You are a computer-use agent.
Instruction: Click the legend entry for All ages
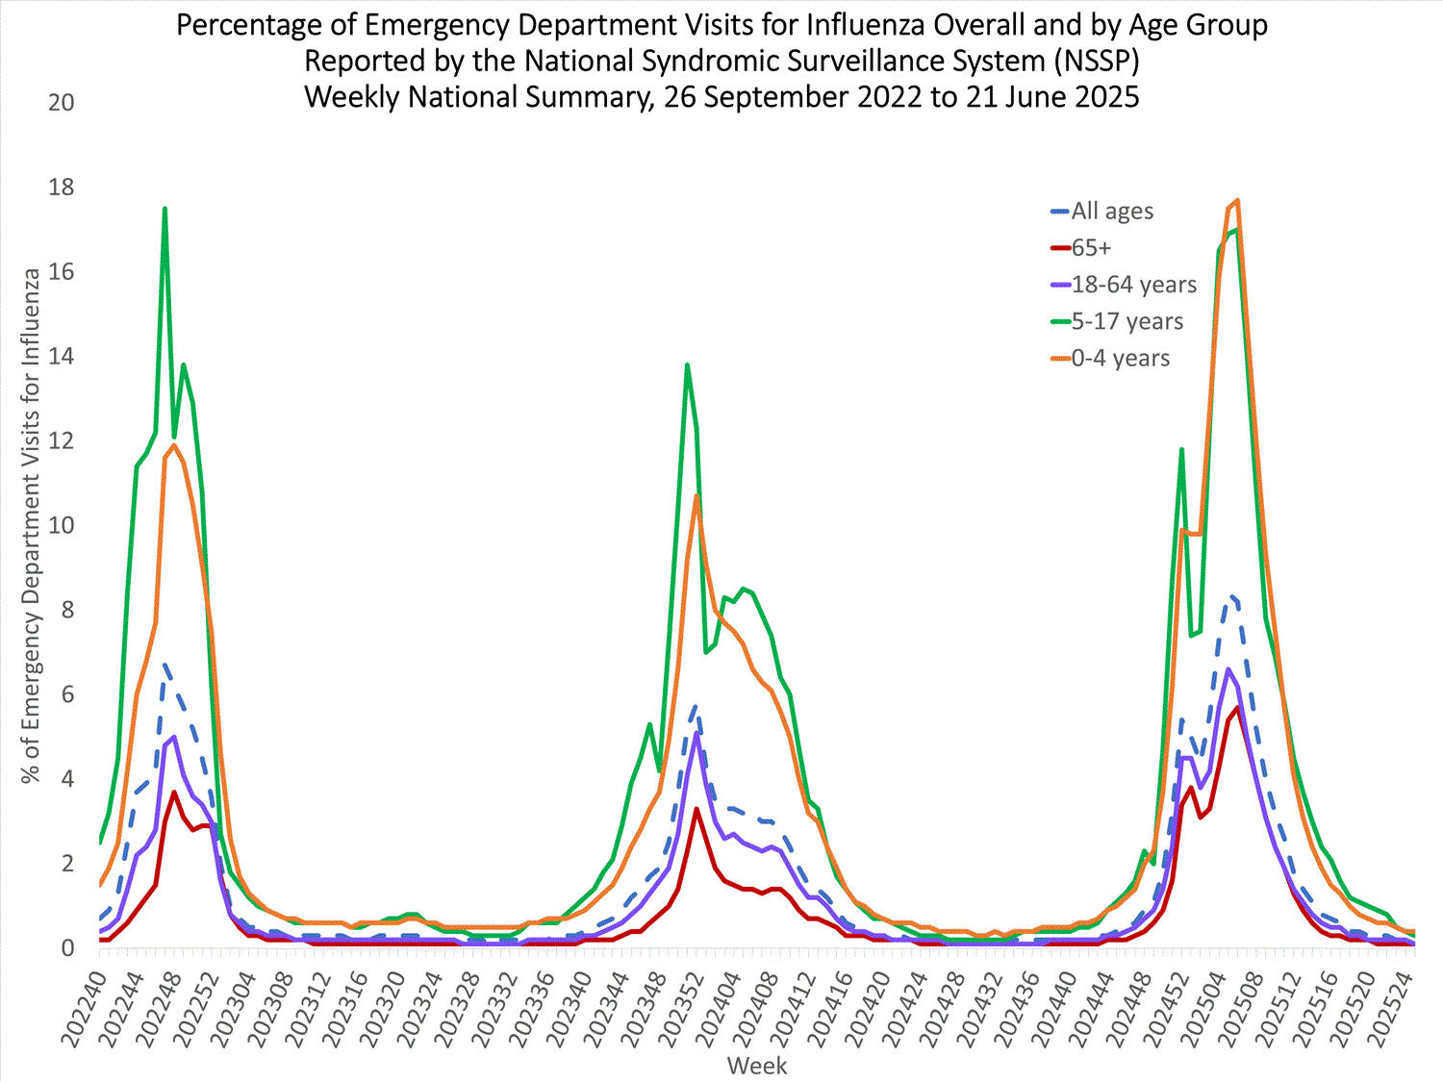(x=1111, y=212)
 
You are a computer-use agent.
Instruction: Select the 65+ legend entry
(x=1091, y=248)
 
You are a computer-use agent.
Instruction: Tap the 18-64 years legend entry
(x=1133, y=285)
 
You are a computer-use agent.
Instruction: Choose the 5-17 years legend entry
(x=1127, y=321)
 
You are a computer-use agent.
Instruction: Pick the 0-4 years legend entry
(x=1120, y=358)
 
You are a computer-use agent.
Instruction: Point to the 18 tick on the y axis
(x=62, y=187)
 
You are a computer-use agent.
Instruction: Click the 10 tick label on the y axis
(x=62, y=525)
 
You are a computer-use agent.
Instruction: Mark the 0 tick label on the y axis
(x=67, y=948)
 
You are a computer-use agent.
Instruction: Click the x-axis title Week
(x=757, y=1066)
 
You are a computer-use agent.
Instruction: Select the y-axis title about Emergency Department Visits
(x=32, y=525)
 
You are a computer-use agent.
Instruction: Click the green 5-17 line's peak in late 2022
(x=165, y=208)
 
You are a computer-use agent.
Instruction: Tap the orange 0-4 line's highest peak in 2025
(x=1237, y=200)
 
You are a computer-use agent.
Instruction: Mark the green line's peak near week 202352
(x=687, y=365)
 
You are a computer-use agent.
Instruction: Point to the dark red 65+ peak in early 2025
(x=1237, y=708)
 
